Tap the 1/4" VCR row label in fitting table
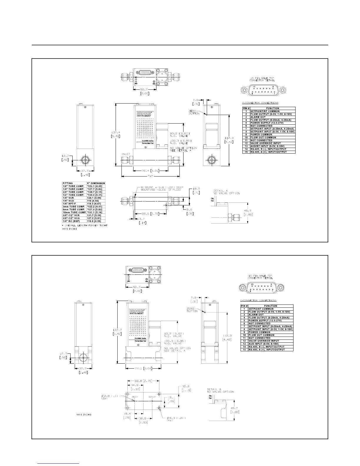click(69, 198)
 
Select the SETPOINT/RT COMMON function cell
click(265, 111)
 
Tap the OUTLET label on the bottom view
click(152, 397)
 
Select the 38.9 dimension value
click(143, 418)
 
